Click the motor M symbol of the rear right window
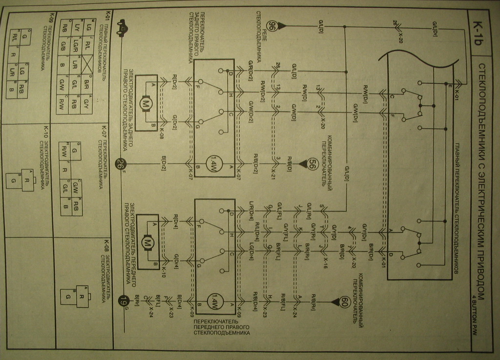click(146, 102)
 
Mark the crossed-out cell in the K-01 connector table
click(88, 61)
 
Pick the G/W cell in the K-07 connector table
click(76, 186)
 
